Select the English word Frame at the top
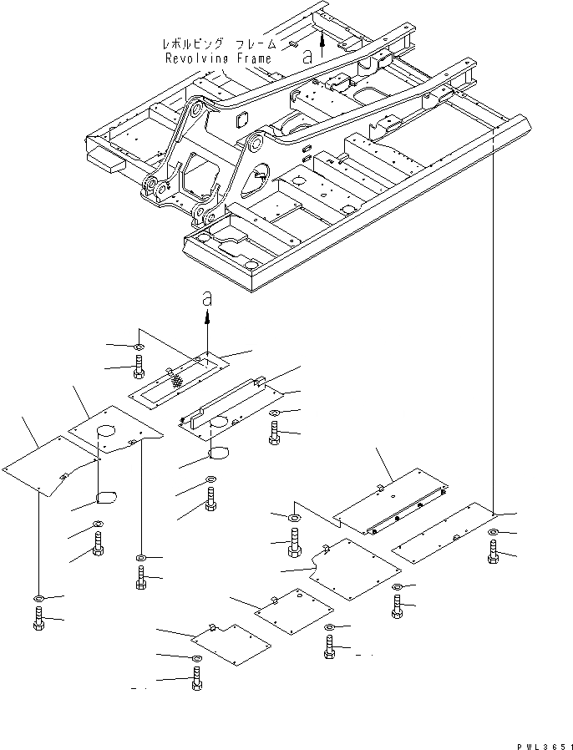254,58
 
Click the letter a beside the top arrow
307,56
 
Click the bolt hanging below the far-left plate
39,620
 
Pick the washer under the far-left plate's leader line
39,598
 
